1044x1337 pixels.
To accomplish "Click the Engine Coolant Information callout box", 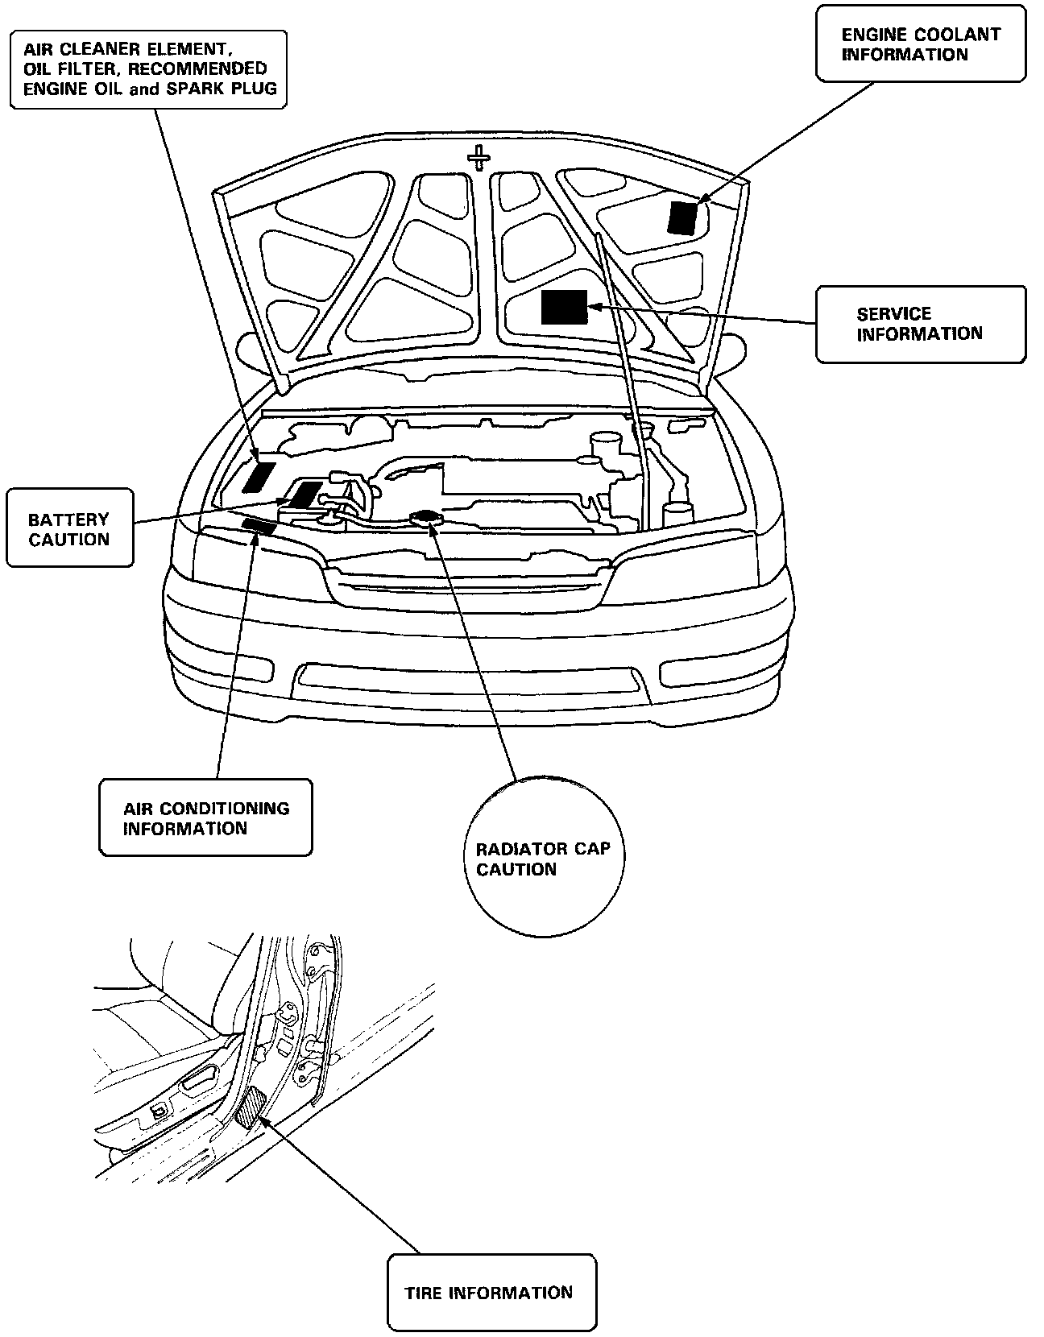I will (921, 43).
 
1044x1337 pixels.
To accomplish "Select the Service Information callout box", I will (921, 324).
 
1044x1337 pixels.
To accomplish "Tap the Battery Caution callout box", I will (69, 528).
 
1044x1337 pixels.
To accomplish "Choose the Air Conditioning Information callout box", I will (205, 817).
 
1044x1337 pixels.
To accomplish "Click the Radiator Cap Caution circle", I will (543, 857).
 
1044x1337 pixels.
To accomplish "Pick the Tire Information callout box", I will (491, 1294).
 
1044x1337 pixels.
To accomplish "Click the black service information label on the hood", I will (564, 307).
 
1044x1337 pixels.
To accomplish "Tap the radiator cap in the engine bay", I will (425, 518).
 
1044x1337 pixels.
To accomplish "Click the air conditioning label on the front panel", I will (259, 527).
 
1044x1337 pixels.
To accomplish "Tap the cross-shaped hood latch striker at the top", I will (479, 157).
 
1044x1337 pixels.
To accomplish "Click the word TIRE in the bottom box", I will (424, 1294).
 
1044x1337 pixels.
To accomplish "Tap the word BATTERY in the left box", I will (68, 519).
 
